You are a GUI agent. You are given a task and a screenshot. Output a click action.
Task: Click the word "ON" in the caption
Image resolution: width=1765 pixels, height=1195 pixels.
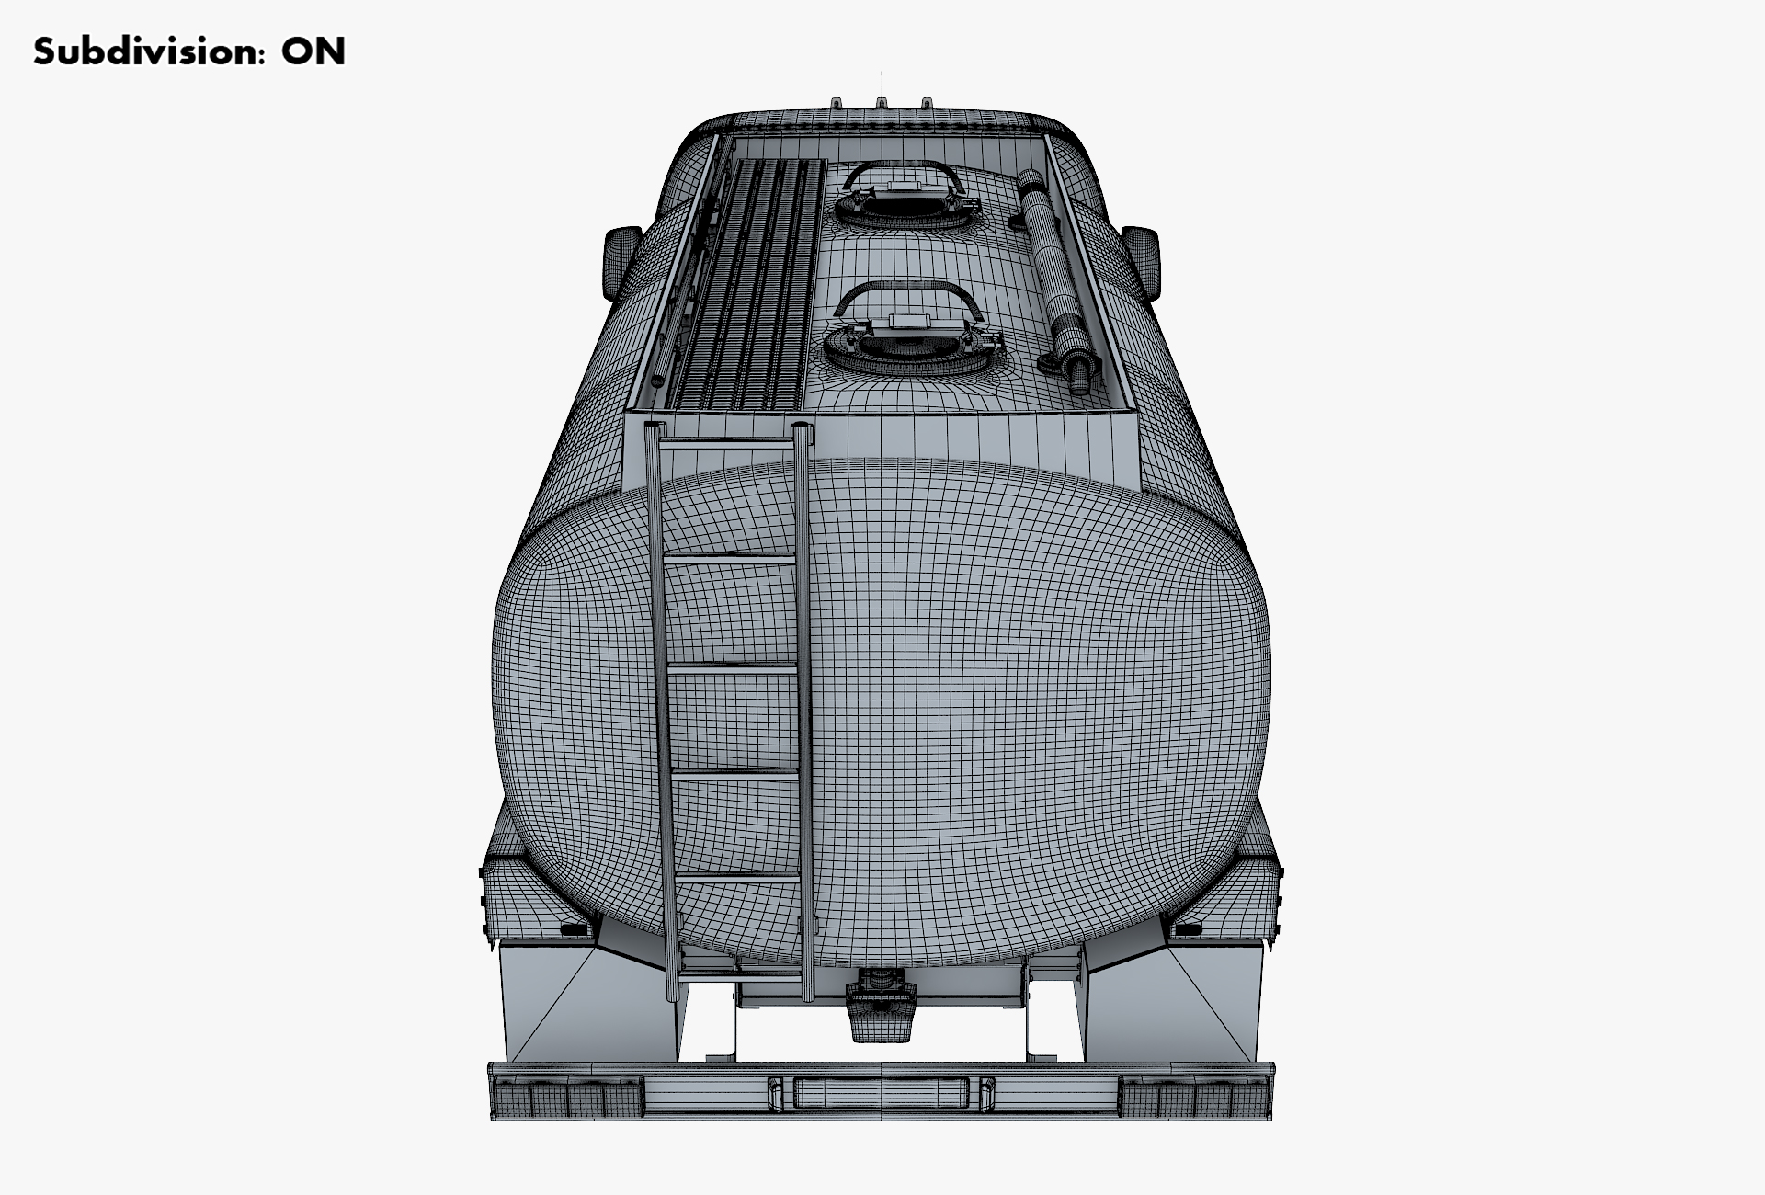click(313, 51)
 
